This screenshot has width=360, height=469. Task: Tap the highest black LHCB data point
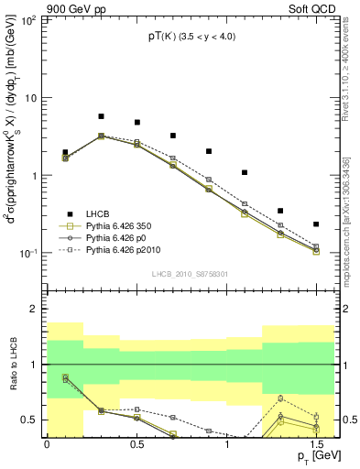tap(101, 116)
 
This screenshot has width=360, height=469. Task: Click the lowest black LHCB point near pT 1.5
tap(316, 224)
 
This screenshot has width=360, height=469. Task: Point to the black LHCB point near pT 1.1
tap(245, 172)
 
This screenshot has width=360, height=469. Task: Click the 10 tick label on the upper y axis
tap(31, 98)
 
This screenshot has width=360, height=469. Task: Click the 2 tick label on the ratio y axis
tap(35, 310)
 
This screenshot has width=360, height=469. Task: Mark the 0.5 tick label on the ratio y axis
tap(31, 420)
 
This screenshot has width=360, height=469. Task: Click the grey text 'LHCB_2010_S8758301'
tap(190, 273)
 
